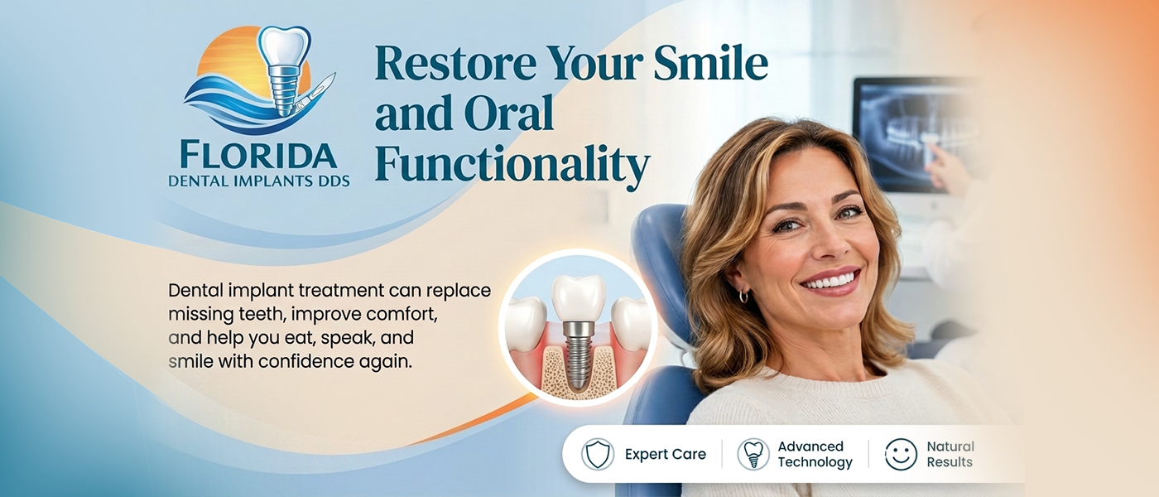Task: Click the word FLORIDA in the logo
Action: coord(258,156)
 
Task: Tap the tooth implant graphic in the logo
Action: coord(283,70)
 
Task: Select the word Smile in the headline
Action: coord(710,63)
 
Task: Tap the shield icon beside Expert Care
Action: coord(598,454)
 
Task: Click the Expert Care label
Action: coord(666,454)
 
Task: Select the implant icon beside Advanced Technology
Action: coord(753,454)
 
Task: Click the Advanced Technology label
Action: coord(815,454)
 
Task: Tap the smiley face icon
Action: coord(901,454)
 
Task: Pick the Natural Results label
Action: coord(950,454)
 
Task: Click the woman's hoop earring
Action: coord(743,297)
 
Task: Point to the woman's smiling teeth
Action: coord(830,280)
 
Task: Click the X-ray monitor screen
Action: coord(916,134)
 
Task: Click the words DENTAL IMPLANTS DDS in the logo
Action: coord(259,181)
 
